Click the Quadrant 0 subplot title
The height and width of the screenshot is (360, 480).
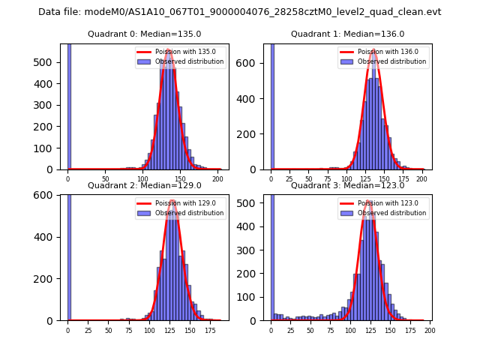pos(144,34)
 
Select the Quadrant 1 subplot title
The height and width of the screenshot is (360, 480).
pos(347,34)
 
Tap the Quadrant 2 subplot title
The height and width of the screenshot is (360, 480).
pos(144,185)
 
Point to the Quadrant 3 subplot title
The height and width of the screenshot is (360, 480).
pos(347,185)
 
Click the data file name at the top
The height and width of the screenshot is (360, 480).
pos(239,12)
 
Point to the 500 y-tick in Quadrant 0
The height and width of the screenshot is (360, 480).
pos(48,62)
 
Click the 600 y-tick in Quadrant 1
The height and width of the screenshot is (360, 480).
pos(251,63)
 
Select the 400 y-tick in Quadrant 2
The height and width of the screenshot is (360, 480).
pos(48,237)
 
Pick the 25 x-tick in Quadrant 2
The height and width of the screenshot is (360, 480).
pos(88,330)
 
